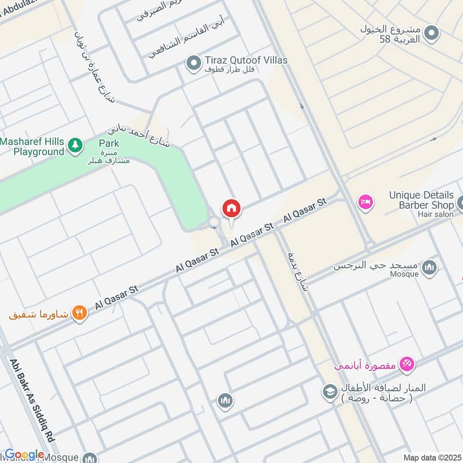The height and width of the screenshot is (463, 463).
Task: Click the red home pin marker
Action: (231, 208)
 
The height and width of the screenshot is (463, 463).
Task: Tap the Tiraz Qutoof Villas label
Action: (246, 60)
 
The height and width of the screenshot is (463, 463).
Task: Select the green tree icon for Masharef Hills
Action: (75, 145)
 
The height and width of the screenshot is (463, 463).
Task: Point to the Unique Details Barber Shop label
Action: (421, 200)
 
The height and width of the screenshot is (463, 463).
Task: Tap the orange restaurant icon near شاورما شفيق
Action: (80, 314)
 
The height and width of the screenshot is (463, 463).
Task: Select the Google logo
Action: (24, 454)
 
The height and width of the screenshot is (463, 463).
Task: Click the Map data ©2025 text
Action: (431, 457)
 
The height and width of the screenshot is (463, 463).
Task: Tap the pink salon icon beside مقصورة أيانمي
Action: (407, 363)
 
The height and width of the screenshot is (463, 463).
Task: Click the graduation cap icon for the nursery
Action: (330, 392)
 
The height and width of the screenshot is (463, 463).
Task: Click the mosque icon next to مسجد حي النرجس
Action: (429, 267)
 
